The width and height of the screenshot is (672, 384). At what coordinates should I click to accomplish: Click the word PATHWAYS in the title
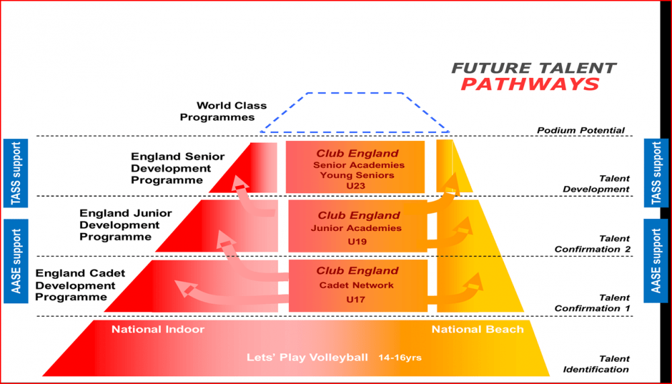[530, 84]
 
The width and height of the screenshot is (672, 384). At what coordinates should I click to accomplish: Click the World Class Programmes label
[223, 111]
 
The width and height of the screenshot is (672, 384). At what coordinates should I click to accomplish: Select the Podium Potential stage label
[581, 130]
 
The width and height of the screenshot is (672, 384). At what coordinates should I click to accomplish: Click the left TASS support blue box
[16, 173]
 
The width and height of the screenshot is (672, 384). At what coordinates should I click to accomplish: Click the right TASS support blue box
[656, 173]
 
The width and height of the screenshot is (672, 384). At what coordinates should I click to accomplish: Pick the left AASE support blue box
[16, 261]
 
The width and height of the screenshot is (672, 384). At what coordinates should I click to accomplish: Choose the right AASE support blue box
[656, 261]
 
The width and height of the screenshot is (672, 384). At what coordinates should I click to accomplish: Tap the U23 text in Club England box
[355, 186]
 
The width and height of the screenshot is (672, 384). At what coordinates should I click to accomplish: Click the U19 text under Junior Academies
[357, 242]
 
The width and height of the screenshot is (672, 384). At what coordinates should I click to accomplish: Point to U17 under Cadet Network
[355, 299]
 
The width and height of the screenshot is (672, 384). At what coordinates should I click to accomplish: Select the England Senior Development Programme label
[177, 169]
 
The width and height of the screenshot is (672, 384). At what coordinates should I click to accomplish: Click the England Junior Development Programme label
[126, 225]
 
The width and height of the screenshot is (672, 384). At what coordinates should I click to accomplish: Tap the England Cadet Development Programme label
[80, 285]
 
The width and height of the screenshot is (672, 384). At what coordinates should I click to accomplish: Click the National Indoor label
[158, 329]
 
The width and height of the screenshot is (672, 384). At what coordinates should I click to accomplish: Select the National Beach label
[477, 329]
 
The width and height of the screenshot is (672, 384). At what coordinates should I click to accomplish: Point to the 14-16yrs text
[400, 357]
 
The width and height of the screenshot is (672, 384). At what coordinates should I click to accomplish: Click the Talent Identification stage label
[596, 364]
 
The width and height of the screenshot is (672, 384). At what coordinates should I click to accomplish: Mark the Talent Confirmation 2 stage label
[592, 244]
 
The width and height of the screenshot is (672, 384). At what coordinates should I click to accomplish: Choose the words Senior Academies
[359, 165]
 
